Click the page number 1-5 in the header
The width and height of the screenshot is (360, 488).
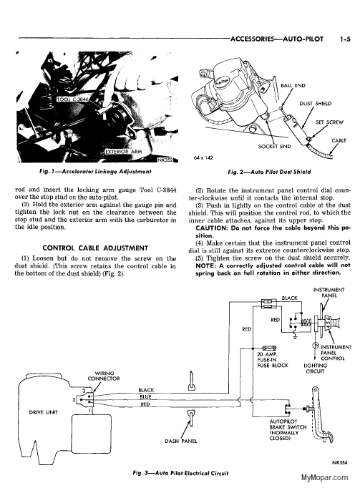point(345,39)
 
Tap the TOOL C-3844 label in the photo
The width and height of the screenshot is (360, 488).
point(72,99)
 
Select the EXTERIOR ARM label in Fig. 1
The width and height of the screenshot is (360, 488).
point(124,152)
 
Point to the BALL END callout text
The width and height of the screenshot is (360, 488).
point(293,86)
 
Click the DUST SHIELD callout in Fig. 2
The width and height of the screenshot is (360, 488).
point(315,104)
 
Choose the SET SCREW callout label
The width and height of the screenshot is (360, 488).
point(329,122)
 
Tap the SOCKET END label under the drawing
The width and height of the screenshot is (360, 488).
point(274,146)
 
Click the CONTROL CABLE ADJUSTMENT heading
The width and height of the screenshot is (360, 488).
point(95,248)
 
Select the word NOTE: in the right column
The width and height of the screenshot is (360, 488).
point(205,265)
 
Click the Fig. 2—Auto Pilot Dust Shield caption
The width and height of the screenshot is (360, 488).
point(269,172)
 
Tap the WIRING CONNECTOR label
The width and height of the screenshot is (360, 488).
point(104,376)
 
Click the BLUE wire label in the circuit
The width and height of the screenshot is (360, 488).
point(145,397)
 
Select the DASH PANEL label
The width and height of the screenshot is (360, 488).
point(180,441)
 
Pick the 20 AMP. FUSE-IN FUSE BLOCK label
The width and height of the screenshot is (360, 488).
point(273,360)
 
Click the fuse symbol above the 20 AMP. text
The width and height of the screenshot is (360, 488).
point(269,348)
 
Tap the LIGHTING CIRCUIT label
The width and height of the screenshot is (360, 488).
point(315,369)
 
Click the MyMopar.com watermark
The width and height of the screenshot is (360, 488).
point(324,477)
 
